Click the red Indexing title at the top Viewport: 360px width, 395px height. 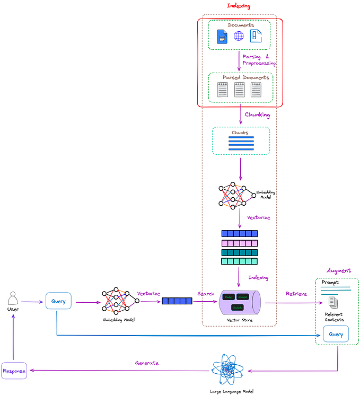pyautogui.click(x=238, y=6)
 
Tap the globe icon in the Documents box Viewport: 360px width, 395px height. pyautogui.click(x=239, y=36)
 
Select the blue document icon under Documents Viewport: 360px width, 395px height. pyautogui.click(x=222, y=36)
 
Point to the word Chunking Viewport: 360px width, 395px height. pyautogui.click(x=257, y=115)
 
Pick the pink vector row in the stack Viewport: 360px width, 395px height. pyautogui.click(x=239, y=243)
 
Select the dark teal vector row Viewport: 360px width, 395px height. pyautogui.click(x=239, y=252)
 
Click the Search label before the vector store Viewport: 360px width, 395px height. pyautogui.click(x=206, y=294)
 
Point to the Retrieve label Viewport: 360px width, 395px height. pyautogui.click(x=296, y=294)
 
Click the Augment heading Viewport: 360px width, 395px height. pyautogui.click(x=338, y=270)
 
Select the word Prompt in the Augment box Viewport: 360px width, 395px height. pyautogui.click(x=330, y=283)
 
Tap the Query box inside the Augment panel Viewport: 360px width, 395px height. pyautogui.click(x=336, y=335)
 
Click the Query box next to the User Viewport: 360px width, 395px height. pyautogui.click(x=58, y=301)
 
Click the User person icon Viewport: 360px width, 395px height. pyautogui.click(x=13, y=298)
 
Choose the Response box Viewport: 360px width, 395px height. pyautogui.click(x=13, y=371)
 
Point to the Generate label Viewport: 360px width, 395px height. pyautogui.click(x=147, y=363)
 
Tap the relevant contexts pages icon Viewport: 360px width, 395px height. pyautogui.click(x=333, y=303)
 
